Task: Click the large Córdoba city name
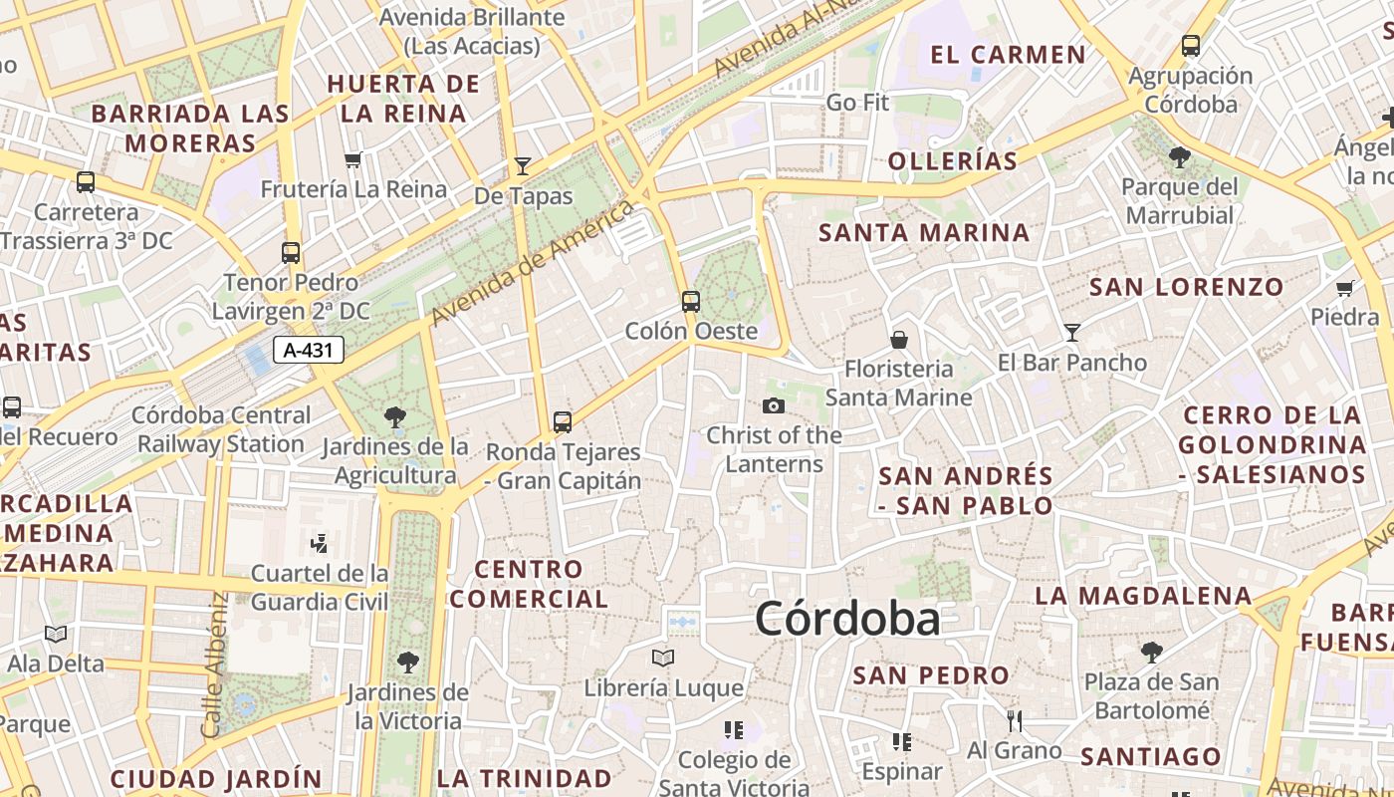[x=847, y=619]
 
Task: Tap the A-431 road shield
[x=309, y=350]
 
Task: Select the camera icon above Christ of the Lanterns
[x=773, y=405]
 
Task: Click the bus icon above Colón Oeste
[x=690, y=301]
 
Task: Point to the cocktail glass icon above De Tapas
[x=523, y=165]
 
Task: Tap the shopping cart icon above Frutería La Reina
[x=352, y=159]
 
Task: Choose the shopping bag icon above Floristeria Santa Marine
[x=898, y=340]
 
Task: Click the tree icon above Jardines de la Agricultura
[x=395, y=417]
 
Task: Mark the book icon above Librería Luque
[x=663, y=658]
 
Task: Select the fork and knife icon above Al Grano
[x=1015, y=720]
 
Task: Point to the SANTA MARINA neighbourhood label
[x=923, y=233]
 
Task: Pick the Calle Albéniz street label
[x=214, y=665]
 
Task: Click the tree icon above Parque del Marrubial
[x=1180, y=156]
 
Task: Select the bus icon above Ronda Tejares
[x=563, y=422]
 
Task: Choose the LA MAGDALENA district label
[x=1143, y=596]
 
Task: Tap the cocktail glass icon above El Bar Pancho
[x=1072, y=332]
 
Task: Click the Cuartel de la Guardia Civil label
[x=320, y=587]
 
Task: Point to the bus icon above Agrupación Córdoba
[x=1191, y=46]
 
